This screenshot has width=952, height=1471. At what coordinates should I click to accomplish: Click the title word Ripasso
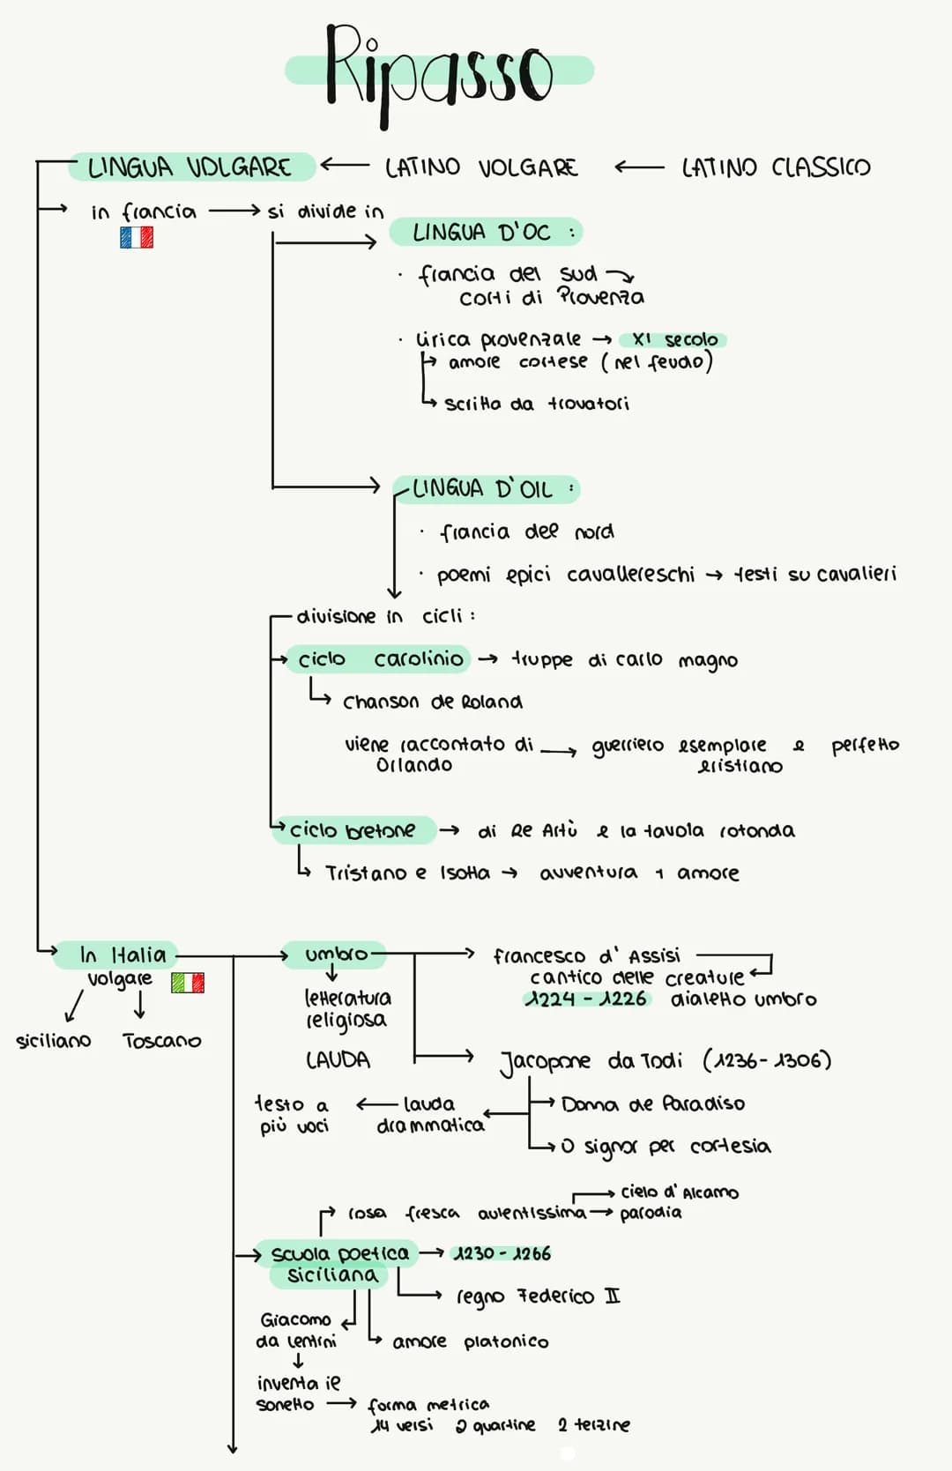[x=438, y=71]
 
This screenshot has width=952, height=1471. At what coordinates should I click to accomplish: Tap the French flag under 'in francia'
[x=137, y=237]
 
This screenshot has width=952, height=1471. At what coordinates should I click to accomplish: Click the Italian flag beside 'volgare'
[x=188, y=982]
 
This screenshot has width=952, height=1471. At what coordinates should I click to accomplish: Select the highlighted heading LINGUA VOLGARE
[x=190, y=167]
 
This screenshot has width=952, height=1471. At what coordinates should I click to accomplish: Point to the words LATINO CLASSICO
[x=776, y=167]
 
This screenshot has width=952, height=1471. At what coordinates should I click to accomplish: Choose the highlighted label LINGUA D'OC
[x=483, y=233]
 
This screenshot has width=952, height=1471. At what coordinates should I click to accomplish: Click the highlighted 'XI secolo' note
[x=674, y=339]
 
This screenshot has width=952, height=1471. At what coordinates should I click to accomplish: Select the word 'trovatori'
[x=589, y=404]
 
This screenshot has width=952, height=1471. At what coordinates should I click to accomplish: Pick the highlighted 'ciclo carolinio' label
[x=380, y=659]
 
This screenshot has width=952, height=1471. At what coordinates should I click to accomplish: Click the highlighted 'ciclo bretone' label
[x=353, y=830]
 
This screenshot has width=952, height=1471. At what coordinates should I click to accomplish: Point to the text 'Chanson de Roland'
[x=432, y=702]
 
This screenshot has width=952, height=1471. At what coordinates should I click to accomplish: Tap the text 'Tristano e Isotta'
[x=407, y=873]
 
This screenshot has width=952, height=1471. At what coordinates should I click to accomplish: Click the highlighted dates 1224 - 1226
[x=586, y=999]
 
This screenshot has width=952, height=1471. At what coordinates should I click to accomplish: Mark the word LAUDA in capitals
[x=338, y=1059]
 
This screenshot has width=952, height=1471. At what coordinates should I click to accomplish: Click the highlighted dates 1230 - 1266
[x=502, y=1253]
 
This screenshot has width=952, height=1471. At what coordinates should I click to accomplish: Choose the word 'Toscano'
[x=162, y=1041]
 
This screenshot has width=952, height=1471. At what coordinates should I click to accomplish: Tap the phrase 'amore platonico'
[x=470, y=1341]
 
